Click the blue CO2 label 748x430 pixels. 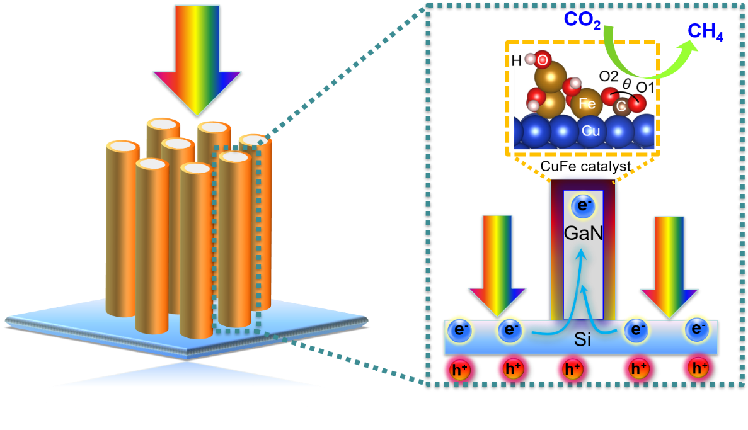[583, 20]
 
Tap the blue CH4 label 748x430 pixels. [705, 33]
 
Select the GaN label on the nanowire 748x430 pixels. [583, 234]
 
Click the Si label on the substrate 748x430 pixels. [583, 341]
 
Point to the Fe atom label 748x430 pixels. [587, 104]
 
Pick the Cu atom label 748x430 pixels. [590, 131]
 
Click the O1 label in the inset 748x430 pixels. [646, 87]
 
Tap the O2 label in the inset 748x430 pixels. [608, 77]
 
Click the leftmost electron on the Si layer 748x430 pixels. [459, 329]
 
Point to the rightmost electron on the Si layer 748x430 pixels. [697, 329]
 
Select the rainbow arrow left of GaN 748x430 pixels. [497, 264]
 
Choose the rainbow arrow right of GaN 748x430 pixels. [669, 264]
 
